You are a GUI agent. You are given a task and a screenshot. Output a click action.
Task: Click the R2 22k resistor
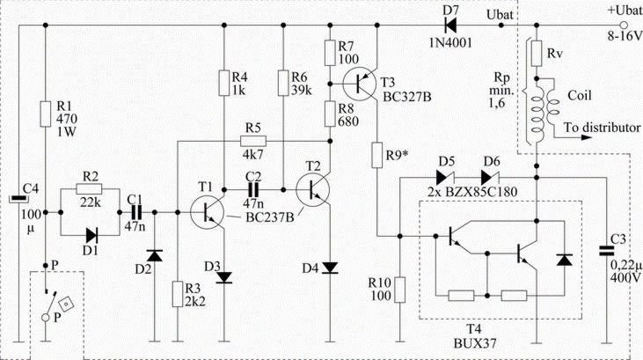coord(90,188)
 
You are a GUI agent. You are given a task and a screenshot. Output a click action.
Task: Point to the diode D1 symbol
coord(90,235)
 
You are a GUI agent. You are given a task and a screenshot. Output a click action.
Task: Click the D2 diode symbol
coord(155,255)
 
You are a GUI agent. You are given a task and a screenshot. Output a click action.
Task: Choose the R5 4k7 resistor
coord(253,140)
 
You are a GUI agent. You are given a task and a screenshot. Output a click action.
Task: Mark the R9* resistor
coord(378,158)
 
